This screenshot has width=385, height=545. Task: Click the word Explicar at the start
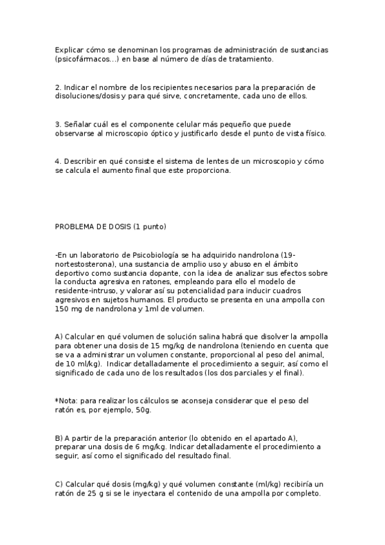coord(67,49)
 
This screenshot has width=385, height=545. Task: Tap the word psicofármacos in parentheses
coord(82,59)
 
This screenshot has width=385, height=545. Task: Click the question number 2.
coord(57,87)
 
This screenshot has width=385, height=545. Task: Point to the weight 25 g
coord(97,494)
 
